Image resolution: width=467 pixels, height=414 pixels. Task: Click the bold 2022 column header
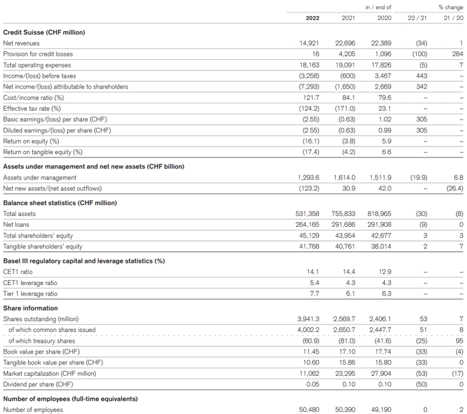coord(313,18)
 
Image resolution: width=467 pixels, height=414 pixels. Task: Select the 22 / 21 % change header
coord(417,18)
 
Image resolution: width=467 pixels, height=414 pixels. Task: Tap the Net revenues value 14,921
coord(309,43)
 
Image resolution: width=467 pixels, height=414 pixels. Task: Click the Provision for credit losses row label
coord(38,54)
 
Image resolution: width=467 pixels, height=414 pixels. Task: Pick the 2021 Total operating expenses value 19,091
coord(345,65)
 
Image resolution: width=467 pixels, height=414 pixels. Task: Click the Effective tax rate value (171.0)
coord(345,108)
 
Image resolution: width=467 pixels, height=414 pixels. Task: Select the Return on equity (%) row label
coord(31,141)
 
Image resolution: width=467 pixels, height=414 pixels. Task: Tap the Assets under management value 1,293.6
coord(308,178)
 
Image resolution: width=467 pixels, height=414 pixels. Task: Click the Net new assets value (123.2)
coord(309,188)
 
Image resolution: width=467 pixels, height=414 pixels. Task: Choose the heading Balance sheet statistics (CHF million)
coord(60,203)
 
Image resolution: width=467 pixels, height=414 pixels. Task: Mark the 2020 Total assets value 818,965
coord(380,214)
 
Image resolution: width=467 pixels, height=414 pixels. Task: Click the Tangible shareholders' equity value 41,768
coord(309,246)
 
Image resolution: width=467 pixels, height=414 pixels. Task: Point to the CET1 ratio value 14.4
coord(349,272)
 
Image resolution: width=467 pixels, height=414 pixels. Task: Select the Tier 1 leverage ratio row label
coord(30,294)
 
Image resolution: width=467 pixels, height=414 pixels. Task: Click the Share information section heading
coord(31,308)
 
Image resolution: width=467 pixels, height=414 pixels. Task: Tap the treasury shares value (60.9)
coord(311,341)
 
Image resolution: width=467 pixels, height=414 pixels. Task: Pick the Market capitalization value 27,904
coord(381,373)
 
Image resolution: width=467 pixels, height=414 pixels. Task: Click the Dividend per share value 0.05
coord(313,384)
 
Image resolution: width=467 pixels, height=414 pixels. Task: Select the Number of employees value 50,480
coord(309,410)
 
